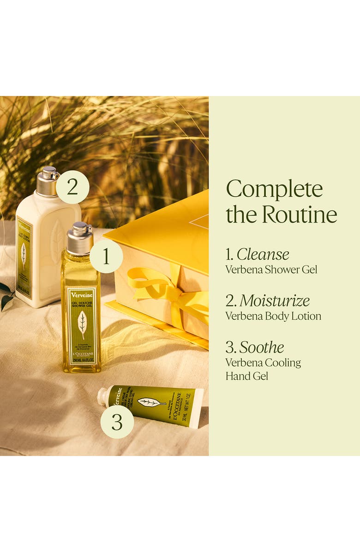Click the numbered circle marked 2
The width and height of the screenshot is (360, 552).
click(x=72, y=187)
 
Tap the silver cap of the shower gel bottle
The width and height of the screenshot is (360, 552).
click(x=80, y=238)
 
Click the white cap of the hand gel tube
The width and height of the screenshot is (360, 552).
click(x=102, y=396)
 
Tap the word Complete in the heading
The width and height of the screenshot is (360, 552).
click(x=274, y=189)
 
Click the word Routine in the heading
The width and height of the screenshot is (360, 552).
click(x=300, y=214)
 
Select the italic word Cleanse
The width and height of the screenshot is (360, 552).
click(x=263, y=254)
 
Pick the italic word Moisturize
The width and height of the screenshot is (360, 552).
click(x=274, y=301)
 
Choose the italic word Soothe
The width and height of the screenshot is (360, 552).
click(x=262, y=348)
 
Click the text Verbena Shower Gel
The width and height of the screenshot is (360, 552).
click(x=271, y=270)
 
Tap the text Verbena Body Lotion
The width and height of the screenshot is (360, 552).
click(x=273, y=316)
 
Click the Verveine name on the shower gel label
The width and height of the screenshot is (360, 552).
click(x=82, y=295)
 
